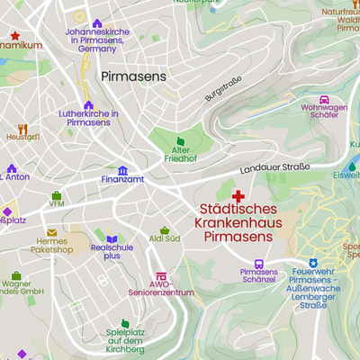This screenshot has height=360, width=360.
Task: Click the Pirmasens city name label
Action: pos(134,77)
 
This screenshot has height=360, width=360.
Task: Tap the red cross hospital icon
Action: pos(238,195)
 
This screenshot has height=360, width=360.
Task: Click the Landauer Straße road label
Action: pos(274,168)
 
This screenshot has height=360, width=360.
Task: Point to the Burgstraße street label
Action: pos(224,89)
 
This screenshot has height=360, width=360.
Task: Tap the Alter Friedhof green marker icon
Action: pos(181,141)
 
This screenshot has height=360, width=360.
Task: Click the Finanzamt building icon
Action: pos(122,169)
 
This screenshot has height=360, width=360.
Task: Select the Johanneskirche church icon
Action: pos(97,23)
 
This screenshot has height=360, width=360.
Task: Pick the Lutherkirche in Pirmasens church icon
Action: pos(88,104)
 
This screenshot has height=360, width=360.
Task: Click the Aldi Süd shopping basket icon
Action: pos(165,229)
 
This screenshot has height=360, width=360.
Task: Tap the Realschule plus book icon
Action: pos(112,238)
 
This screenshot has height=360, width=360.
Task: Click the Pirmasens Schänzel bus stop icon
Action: pos(259,264)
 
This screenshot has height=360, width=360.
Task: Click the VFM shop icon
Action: pos(57,194)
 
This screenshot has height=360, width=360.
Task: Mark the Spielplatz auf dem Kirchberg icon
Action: pos(125,323)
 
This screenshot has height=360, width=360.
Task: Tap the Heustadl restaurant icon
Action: pos(22,128)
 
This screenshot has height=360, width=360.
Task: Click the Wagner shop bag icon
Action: pos(16,275)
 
